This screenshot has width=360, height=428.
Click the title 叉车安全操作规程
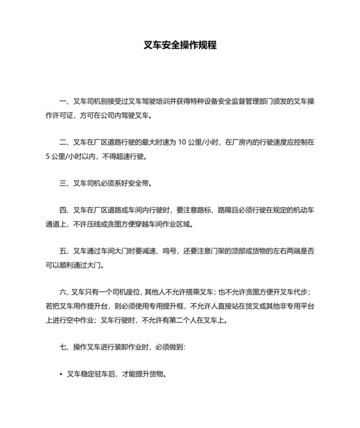(x=180, y=46)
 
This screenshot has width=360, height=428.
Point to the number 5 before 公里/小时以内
(x=48, y=156)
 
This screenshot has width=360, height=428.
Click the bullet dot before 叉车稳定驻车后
(x=60, y=374)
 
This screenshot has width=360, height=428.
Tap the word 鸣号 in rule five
(x=163, y=251)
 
